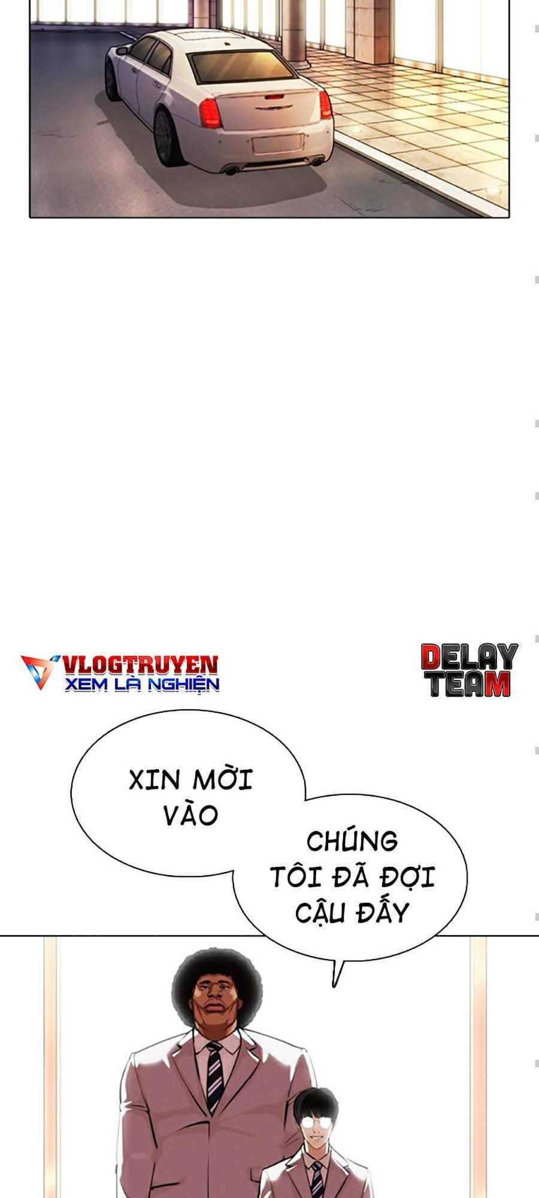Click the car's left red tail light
[x=210, y=113]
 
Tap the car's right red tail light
[x=325, y=105]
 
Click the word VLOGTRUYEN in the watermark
[x=140, y=664]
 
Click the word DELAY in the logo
[x=469, y=658]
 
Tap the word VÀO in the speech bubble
[x=190, y=816]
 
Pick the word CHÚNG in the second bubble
[x=352, y=841]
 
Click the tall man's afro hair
[x=217, y=972]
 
